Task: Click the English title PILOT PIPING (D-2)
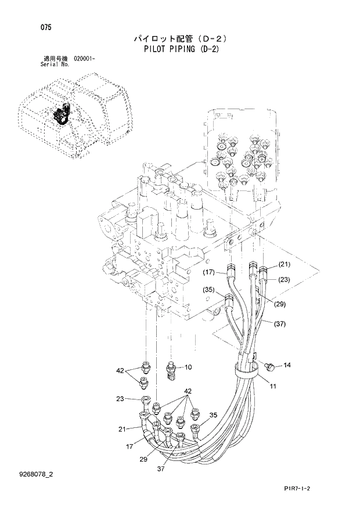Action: pos(179,49)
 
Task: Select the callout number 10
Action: pos(188,367)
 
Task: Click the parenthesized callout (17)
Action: pos(209,272)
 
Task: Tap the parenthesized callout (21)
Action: pos(283,265)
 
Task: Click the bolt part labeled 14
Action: pos(269,367)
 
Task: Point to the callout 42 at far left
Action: pos(120,370)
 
